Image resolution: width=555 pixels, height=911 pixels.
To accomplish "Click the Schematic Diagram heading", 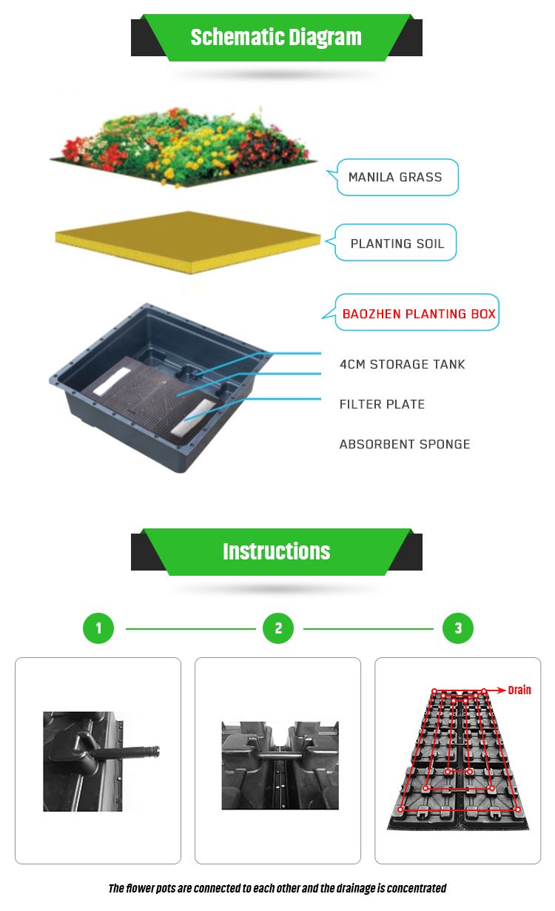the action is (276, 38).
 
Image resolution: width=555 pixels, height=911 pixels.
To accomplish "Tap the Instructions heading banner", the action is (277, 552).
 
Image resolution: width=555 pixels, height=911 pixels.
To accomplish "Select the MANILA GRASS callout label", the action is (395, 178).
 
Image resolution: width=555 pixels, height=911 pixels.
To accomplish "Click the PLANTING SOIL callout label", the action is (397, 243).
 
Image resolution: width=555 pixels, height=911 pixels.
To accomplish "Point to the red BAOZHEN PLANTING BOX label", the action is (419, 314).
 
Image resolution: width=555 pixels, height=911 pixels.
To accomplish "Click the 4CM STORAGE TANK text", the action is (402, 364).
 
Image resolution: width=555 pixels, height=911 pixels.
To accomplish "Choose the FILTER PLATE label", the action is (382, 404).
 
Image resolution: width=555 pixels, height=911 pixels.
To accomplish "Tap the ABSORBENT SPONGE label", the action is (405, 444).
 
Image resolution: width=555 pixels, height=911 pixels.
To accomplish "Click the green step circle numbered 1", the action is (98, 628).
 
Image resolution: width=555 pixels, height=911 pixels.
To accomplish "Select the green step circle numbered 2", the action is (278, 628).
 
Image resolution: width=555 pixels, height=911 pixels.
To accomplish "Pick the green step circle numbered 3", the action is (458, 628).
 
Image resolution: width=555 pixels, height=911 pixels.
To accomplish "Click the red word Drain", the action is (519, 690).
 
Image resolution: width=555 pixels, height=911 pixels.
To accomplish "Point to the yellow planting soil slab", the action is (188, 242).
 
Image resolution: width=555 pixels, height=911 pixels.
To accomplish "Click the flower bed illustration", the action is (183, 147).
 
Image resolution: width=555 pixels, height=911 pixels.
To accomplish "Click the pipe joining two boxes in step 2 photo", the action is (280, 756).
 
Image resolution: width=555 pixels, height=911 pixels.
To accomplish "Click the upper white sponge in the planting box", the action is (112, 381).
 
